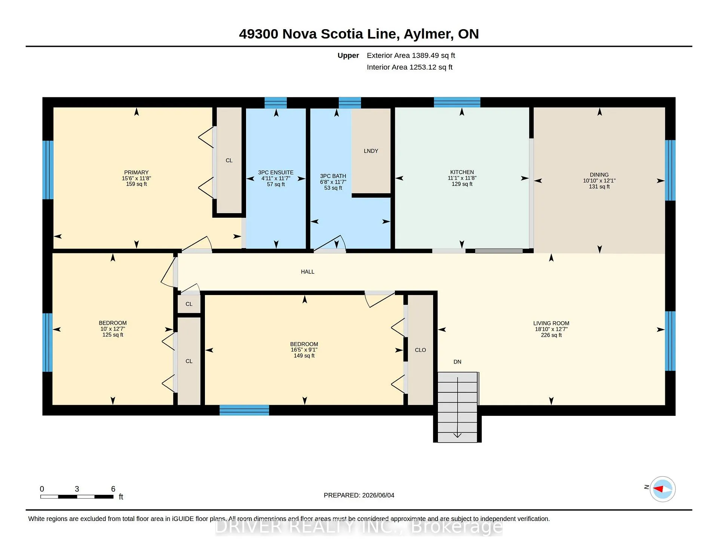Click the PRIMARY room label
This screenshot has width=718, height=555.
[136, 172]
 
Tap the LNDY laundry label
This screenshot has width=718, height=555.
[371, 151]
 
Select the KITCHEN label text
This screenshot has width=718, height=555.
[462, 172]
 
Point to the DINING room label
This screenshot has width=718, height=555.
[599, 175]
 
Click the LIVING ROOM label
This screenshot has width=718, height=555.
[551, 323]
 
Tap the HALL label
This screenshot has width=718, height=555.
[307, 272]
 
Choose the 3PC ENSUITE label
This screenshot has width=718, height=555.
[276, 172]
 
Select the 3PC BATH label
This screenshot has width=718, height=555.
[333, 176]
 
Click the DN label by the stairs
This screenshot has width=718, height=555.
[457, 362]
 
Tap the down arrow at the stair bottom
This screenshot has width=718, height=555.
[457, 435]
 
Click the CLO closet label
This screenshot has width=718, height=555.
[420, 350]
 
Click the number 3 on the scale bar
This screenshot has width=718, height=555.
[77, 489]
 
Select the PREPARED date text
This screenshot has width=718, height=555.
[359, 495]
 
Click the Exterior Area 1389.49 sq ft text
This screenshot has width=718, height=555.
[411, 55]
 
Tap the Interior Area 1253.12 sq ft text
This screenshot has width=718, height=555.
[409, 67]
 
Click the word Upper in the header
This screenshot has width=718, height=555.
[348, 56]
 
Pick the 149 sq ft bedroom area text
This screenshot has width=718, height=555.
[304, 356]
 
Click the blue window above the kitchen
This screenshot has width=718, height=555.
[457, 102]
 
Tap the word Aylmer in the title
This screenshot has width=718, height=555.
[429, 34]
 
